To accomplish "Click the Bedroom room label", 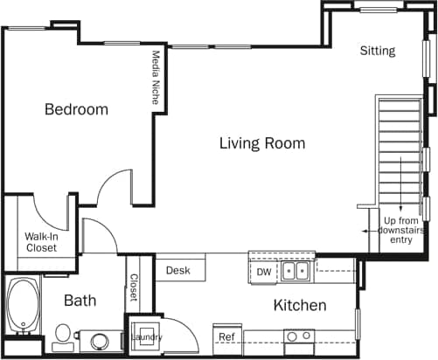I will click(x=77, y=110).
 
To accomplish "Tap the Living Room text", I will click(x=261, y=143).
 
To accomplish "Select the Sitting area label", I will click(x=378, y=51).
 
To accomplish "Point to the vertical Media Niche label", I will click(x=156, y=77).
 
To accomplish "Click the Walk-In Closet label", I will click(x=40, y=242).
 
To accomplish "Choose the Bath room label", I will click(x=80, y=301).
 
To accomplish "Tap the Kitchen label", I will click(x=300, y=306).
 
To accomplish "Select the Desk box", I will click(x=178, y=271).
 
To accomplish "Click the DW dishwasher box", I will click(x=263, y=273).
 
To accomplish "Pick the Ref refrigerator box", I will click(x=226, y=336).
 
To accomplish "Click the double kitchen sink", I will click(x=295, y=272).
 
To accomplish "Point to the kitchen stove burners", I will click(x=300, y=336).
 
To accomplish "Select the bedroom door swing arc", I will click(x=112, y=186).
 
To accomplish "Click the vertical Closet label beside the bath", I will click(x=134, y=287).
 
